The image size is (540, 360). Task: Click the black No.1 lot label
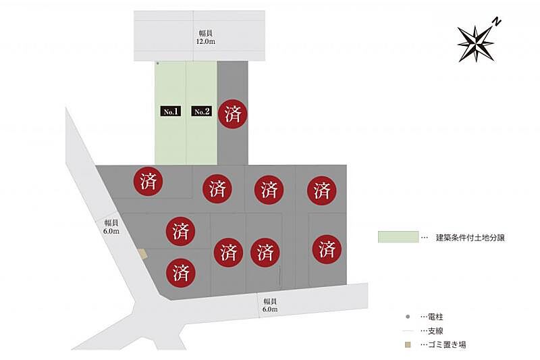(170, 111)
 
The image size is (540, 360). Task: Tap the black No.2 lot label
(201, 111)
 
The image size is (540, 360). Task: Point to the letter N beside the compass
(497, 22)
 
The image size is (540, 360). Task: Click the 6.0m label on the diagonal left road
(111, 226)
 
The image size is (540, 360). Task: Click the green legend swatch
(398, 238)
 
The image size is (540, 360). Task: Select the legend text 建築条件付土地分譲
(470, 238)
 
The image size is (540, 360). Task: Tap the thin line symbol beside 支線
(408, 331)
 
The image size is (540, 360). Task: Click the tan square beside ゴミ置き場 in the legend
(408, 345)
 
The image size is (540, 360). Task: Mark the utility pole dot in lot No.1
(157, 63)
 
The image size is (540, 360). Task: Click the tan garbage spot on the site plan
(142, 253)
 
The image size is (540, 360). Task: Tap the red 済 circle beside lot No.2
(233, 113)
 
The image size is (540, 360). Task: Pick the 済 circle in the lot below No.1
(148, 181)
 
